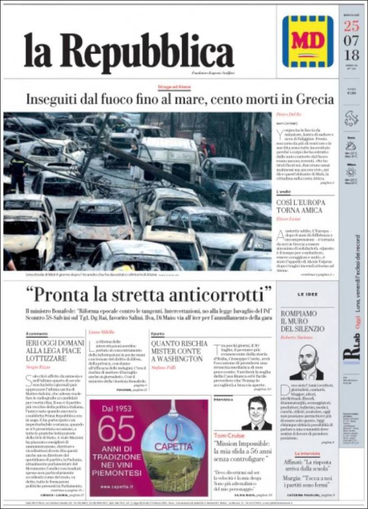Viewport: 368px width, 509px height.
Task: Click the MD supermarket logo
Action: point(308,41)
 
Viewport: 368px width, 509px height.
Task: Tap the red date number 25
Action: point(352,26)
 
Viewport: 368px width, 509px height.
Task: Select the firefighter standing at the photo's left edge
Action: point(18,171)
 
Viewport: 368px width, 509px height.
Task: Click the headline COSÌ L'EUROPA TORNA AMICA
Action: point(299,206)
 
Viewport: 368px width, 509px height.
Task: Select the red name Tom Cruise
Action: point(230,435)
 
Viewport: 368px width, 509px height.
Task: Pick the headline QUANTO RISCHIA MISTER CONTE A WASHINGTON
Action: point(180,351)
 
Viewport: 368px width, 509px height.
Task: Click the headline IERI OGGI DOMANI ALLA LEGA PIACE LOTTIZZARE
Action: point(53,351)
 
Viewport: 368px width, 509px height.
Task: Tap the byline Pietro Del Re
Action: point(290,113)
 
